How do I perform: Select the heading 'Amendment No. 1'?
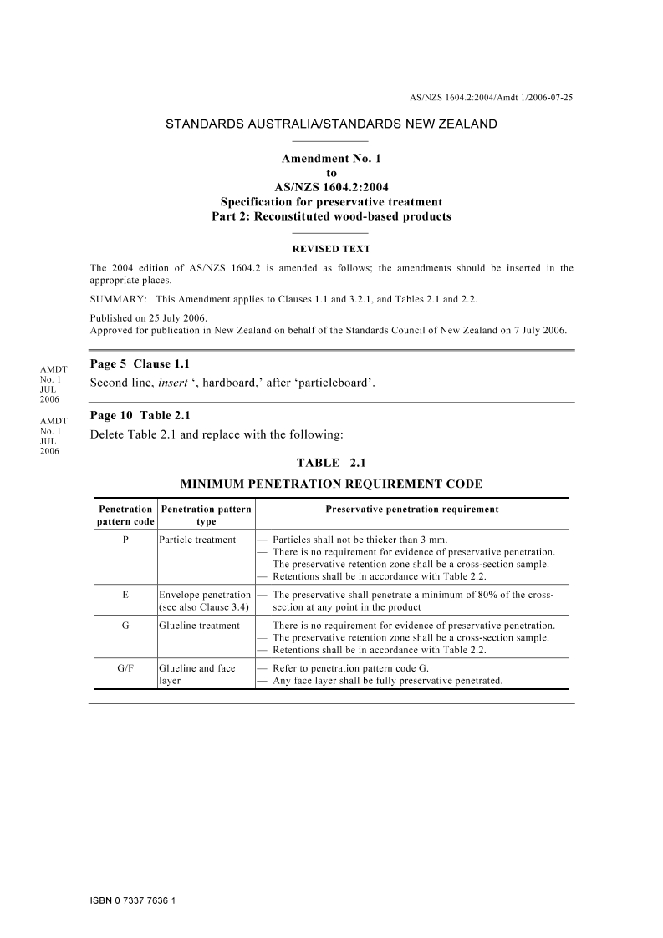[331, 159]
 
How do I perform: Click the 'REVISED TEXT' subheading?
[331, 249]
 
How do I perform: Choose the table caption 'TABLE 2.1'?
[331, 463]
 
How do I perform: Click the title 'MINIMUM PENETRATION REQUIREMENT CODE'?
[331, 484]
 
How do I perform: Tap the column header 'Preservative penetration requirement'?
[411, 509]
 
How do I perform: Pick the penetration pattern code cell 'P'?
[125, 540]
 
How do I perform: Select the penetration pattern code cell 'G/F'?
[125, 668]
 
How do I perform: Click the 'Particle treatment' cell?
[197, 540]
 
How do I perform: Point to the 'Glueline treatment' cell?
[199, 626]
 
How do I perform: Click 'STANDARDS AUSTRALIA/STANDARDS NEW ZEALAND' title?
[331, 124]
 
